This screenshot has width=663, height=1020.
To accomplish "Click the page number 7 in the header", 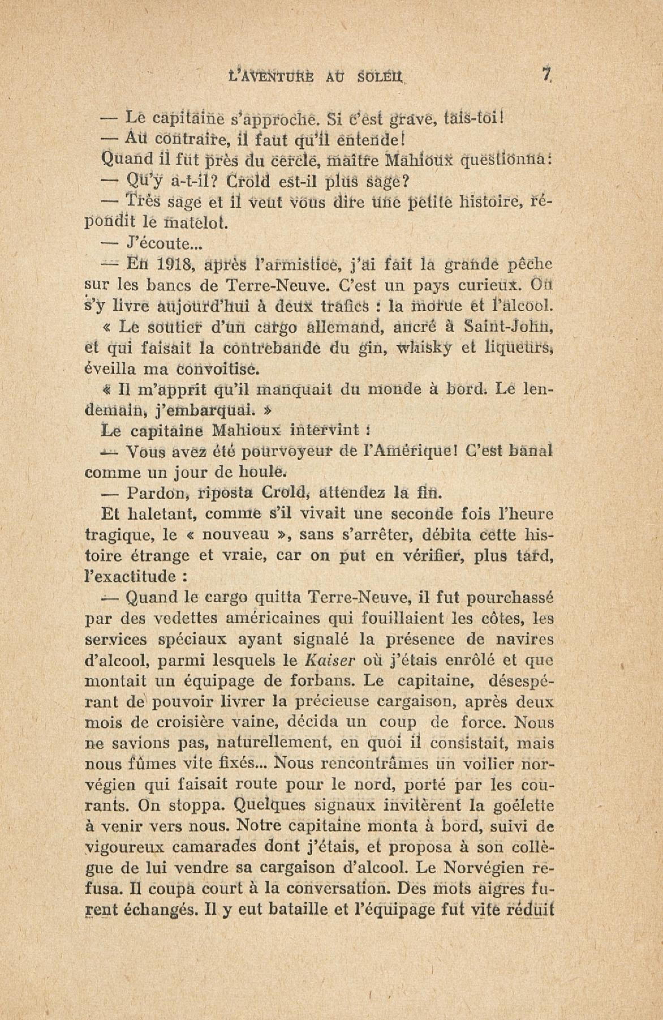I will [545, 76].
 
